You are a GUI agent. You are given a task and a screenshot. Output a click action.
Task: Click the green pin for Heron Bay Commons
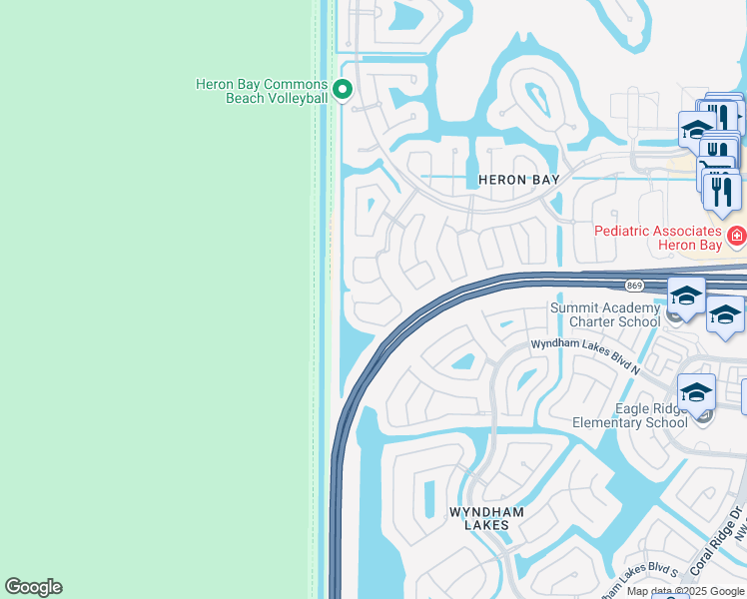[x=343, y=91]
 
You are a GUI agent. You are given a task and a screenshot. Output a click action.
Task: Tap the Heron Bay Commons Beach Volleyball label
[x=262, y=91]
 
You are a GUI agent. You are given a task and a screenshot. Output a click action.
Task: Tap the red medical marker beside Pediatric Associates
[x=736, y=237]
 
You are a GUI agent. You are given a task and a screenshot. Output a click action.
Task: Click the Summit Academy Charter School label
[x=605, y=314]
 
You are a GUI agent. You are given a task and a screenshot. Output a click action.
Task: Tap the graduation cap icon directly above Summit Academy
[x=686, y=295]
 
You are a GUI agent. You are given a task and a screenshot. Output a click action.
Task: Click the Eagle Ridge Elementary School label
[x=630, y=415]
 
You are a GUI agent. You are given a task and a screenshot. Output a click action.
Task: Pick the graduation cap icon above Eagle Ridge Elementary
[x=696, y=390]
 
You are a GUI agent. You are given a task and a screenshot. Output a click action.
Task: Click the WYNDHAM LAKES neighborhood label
[x=486, y=518]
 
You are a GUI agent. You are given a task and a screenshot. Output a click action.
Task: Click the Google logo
[x=33, y=587]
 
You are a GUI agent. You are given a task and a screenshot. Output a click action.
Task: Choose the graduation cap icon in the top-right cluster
[x=696, y=129]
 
